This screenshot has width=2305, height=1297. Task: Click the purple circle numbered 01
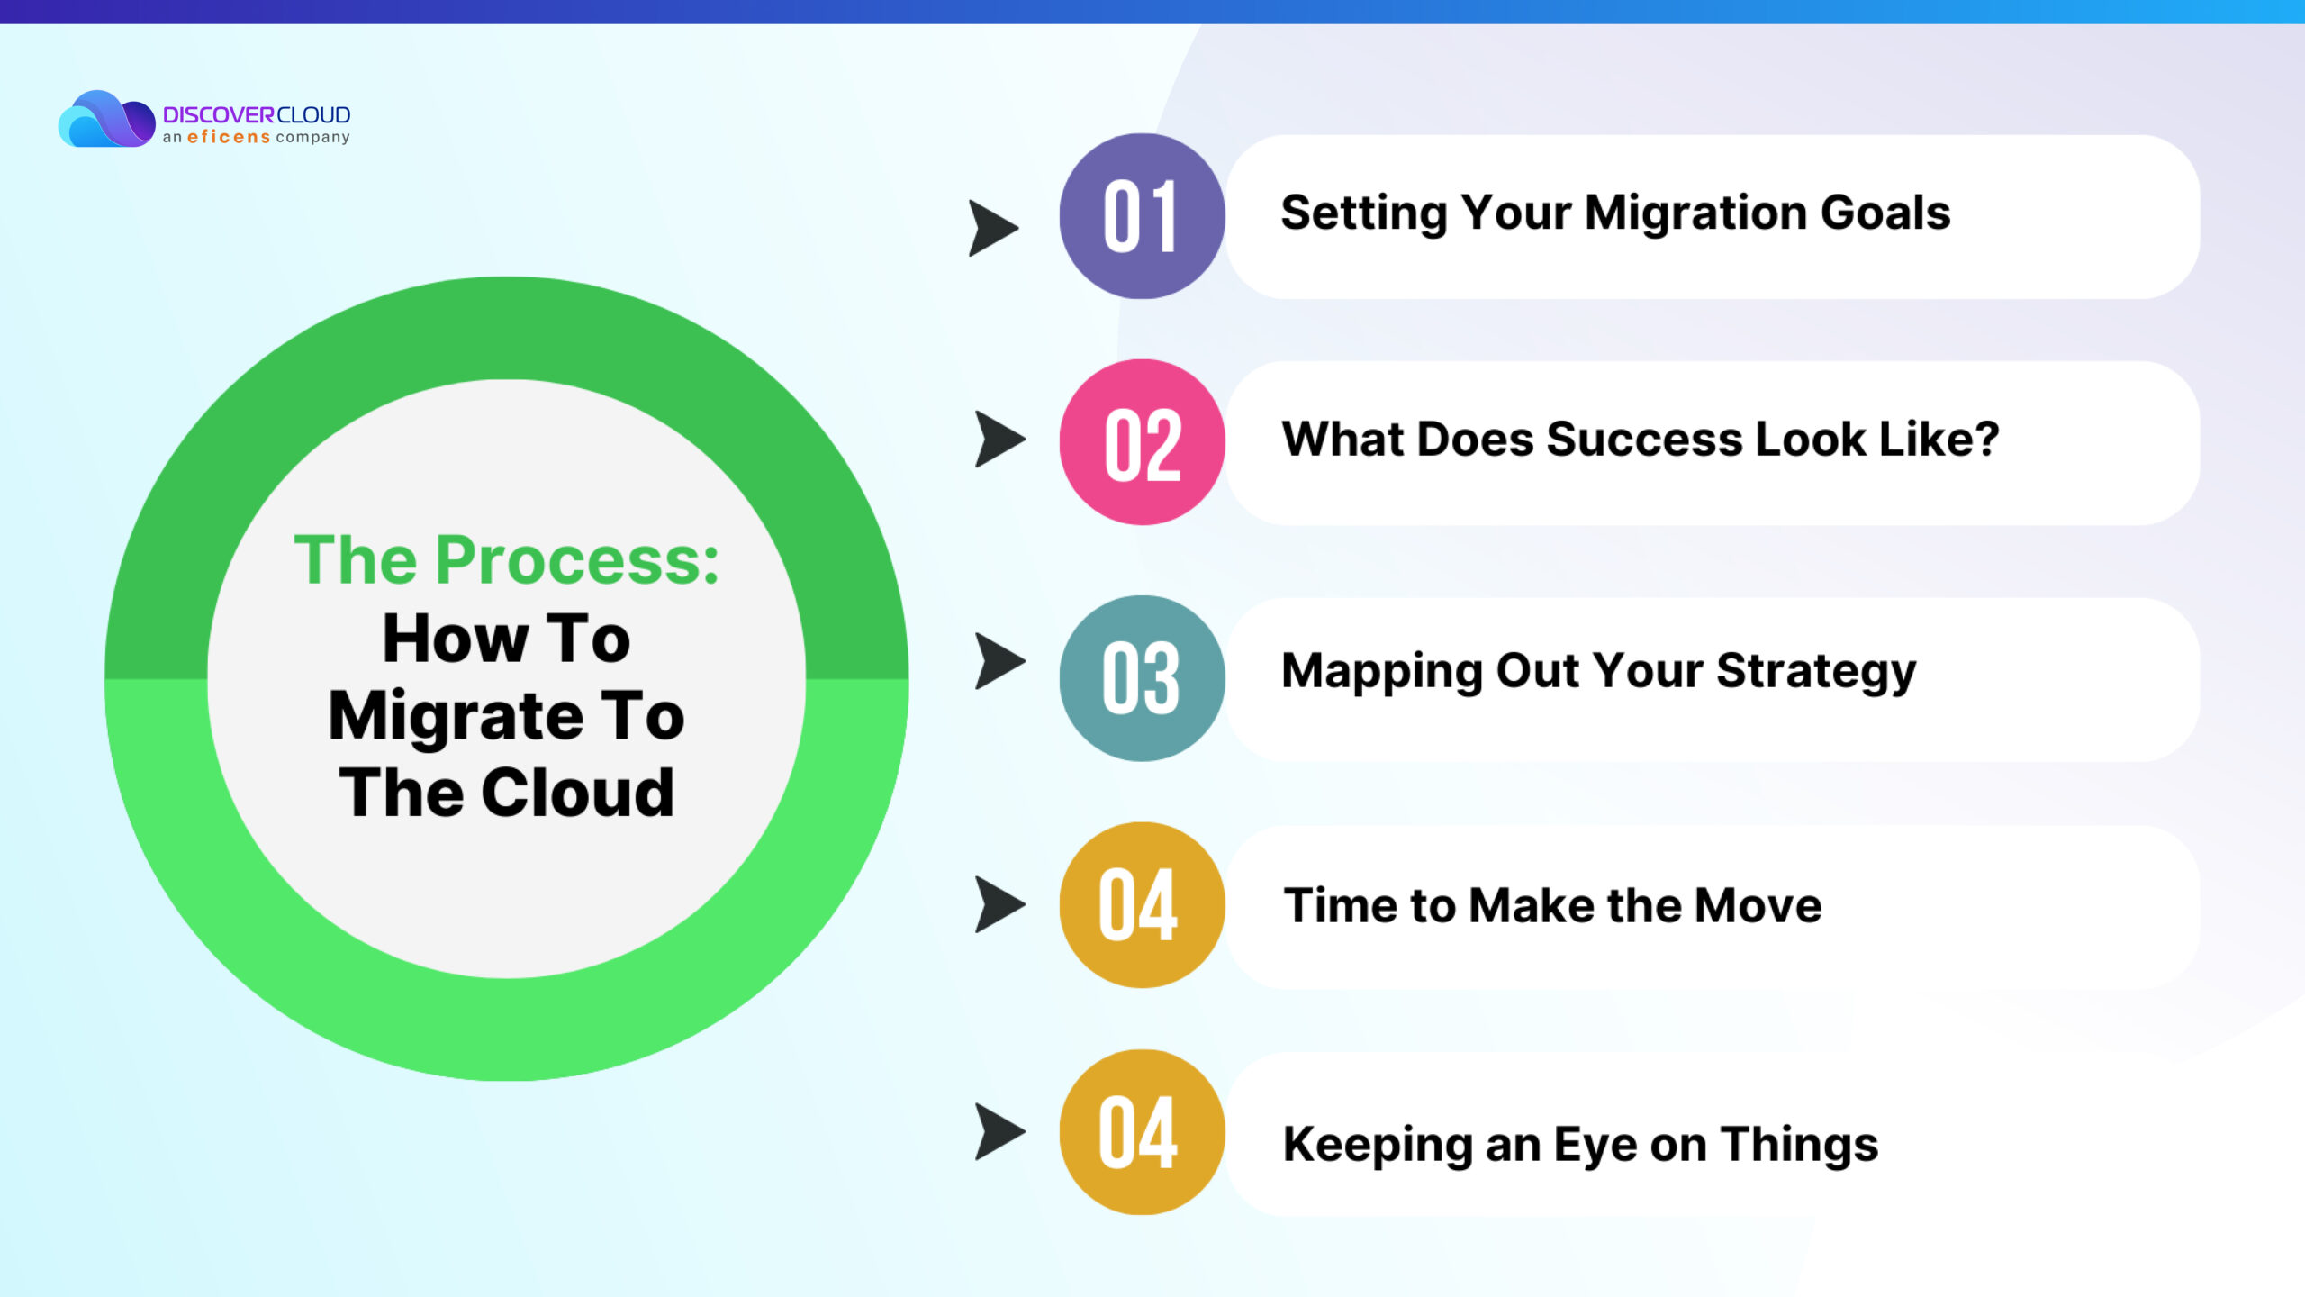coord(1142,216)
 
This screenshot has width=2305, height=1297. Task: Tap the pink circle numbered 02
coord(1142,442)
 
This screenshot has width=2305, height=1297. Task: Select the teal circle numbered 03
coord(1142,678)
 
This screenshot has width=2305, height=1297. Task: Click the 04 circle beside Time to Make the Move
coord(1142,904)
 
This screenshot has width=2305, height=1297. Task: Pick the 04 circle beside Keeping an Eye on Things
coord(1142,1132)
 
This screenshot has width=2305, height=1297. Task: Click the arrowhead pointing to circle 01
coord(992,228)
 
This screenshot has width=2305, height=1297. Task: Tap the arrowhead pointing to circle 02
coord(999,440)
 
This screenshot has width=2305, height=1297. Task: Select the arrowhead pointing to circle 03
coord(999,661)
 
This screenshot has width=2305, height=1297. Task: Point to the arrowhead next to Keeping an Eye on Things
coord(999,1132)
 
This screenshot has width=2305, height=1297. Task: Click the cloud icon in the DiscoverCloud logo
coord(106,119)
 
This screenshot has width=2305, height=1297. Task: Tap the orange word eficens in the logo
coord(229,137)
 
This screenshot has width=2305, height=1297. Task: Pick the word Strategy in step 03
coord(1816,673)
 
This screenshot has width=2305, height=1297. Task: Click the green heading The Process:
coord(507,560)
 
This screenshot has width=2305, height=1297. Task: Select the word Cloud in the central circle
coord(577,794)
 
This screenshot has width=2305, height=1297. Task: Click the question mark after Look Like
coord(1984,439)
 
